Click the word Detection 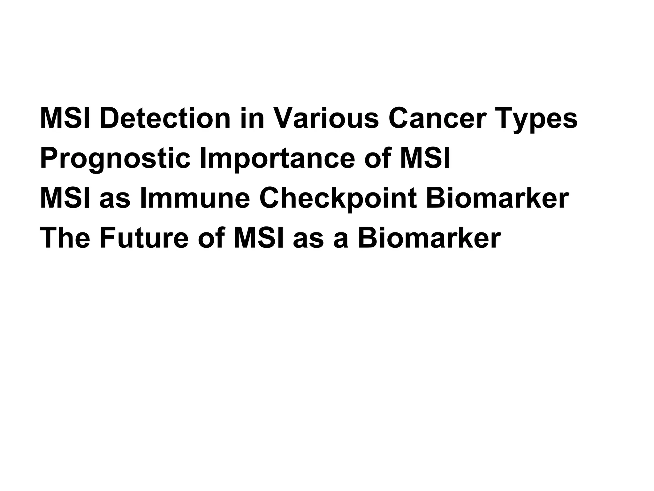(x=165, y=119)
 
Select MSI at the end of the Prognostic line (x=425, y=159)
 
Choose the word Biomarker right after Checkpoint (x=497, y=199)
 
